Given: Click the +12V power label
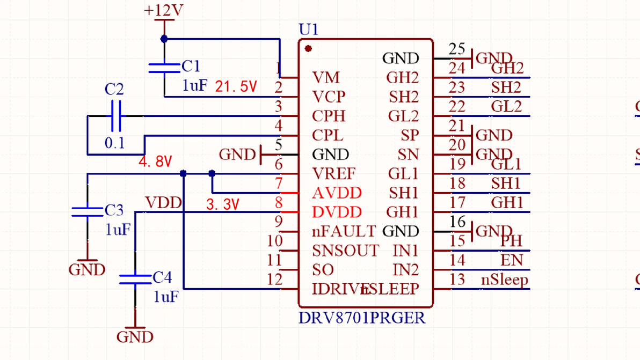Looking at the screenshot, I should (164, 11).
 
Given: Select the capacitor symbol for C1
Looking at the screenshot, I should (164, 68).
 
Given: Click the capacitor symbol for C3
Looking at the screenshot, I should (87, 212).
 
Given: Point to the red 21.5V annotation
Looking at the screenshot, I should (236, 87).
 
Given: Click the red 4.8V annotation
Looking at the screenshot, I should (155, 161).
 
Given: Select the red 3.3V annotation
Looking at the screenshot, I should (222, 204).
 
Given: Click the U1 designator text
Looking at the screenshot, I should (308, 30).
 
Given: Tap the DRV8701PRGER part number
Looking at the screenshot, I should (362, 318).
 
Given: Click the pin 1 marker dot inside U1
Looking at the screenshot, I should (308, 49).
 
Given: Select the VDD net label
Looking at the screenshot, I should (163, 203).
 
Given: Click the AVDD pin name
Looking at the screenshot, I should (337, 193).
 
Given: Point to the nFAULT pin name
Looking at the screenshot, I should (344, 232).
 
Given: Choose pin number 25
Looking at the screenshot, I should (457, 49).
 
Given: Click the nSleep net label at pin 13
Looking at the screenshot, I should (504, 280).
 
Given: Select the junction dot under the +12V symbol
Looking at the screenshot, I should (164, 39).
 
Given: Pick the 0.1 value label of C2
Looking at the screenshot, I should (114, 143).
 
